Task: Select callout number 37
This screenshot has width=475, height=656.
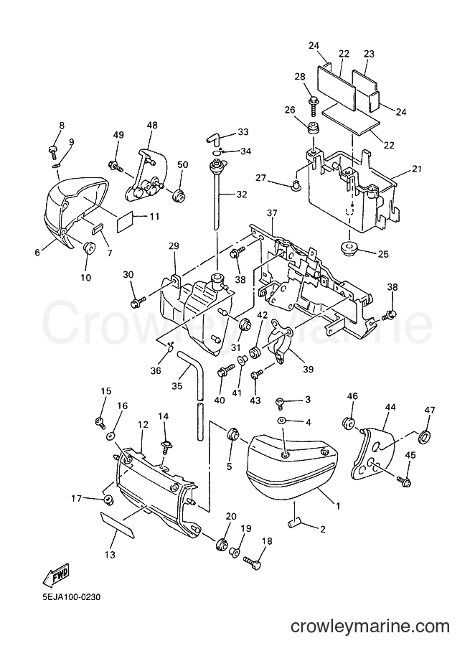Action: (x=272, y=214)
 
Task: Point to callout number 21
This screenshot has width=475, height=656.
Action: (x=416, y=169)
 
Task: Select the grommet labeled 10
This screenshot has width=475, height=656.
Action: (x=89, y=248)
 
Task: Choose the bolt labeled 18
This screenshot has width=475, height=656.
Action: (x=252, y=562)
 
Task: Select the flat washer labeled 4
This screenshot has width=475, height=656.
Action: (x=283, y=420)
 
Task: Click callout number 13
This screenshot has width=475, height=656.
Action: (x=110, y=556)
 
